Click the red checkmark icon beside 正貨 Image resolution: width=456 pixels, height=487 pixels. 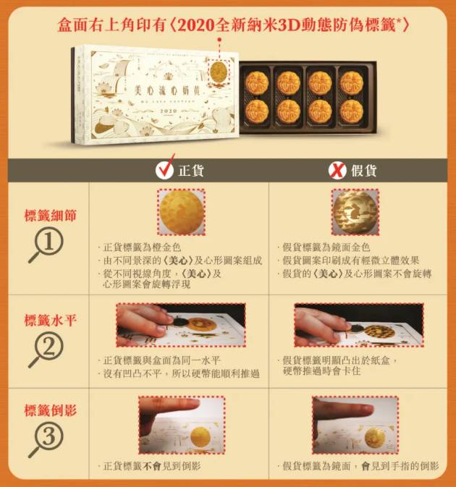coord(165,169)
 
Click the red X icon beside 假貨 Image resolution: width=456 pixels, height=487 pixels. coord(337,169)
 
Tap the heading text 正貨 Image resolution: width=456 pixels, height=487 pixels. coord(190,170)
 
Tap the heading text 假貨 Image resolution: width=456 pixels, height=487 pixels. coord(364,170)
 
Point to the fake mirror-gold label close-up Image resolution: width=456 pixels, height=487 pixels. coord(355,212)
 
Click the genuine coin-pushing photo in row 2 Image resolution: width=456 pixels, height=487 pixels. coord(180,324)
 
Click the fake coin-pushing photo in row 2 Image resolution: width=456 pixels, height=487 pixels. coord(358,324)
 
